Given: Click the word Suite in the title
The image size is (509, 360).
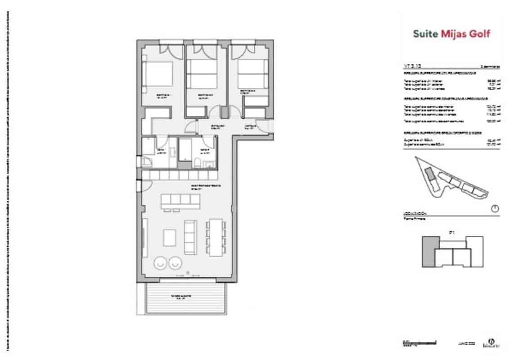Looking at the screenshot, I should (x=425, y=33).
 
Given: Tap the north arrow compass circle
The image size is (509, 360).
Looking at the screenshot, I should (x=495, y=208).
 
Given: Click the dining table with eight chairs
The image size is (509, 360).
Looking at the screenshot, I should (x=215, y=237).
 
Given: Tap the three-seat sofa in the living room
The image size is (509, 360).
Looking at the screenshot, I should (x=190, y=237).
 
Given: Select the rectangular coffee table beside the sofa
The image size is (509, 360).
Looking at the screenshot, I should (x=170, y=237).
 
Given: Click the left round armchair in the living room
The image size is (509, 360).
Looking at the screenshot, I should (x=159, y=262).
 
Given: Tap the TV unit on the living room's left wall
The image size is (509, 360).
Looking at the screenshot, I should (x=144, y=237).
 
